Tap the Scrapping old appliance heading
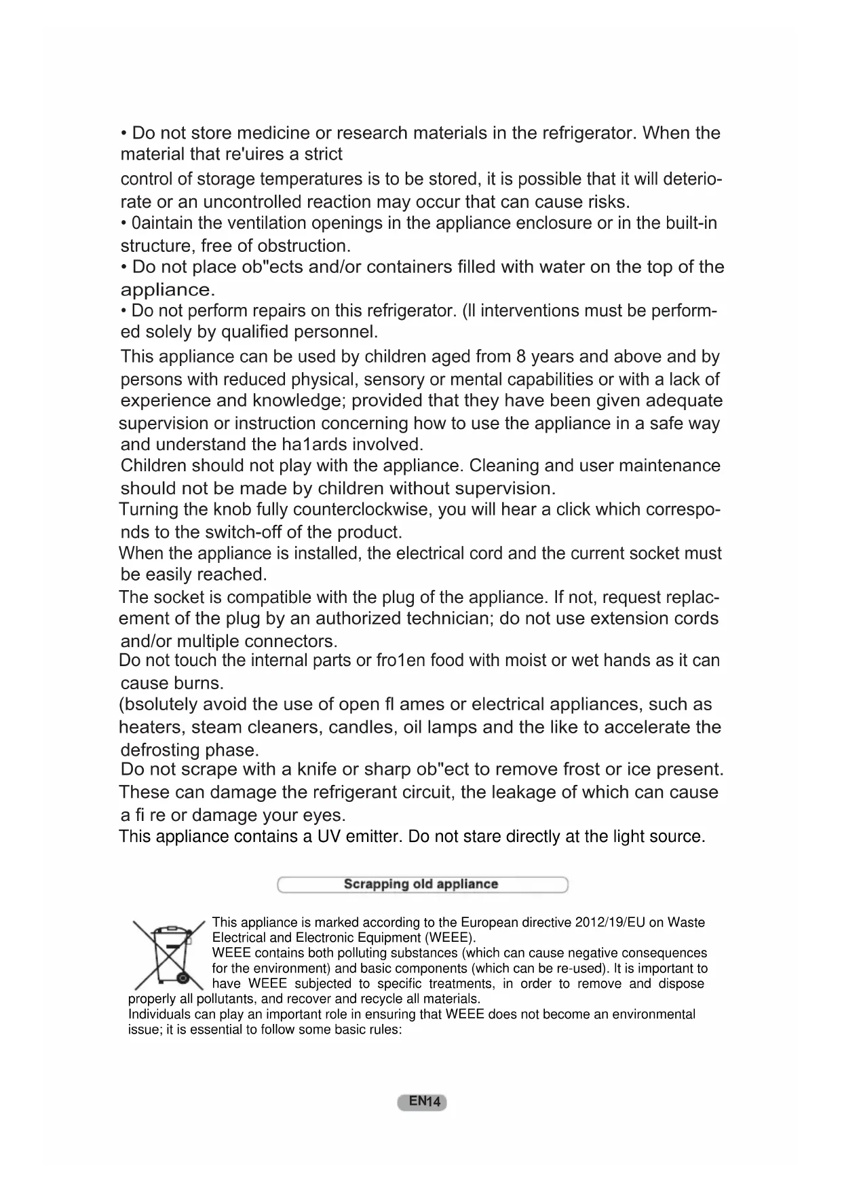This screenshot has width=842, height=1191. click(421, 884)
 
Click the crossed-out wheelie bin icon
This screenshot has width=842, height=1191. click(169, 954)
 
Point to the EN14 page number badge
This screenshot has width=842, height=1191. click(422, 1101)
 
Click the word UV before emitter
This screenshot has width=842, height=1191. click(329, 837)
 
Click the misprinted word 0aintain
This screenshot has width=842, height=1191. click(161, 223)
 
